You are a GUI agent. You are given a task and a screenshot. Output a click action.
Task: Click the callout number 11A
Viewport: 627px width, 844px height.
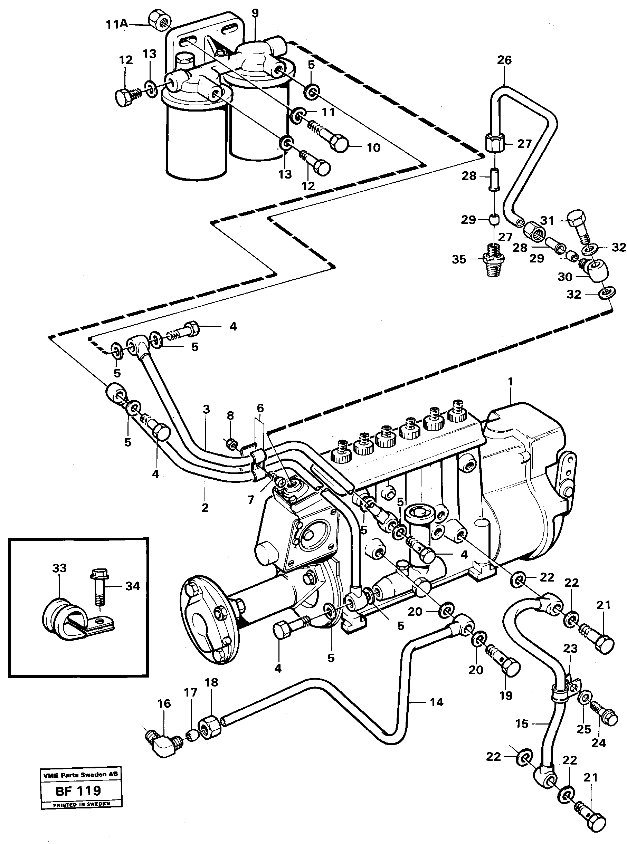pos(116,24)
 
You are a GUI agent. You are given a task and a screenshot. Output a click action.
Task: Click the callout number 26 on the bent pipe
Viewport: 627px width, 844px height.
pos(504,60)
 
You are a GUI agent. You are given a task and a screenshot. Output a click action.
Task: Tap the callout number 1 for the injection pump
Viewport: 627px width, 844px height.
pos(511,382)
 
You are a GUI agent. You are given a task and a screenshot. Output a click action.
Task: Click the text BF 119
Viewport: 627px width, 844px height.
pos(78,790)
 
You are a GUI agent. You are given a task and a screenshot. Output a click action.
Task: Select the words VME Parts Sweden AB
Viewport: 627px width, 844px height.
pos(80,775)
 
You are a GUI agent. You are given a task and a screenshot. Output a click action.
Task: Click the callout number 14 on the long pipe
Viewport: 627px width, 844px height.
pos(436,702)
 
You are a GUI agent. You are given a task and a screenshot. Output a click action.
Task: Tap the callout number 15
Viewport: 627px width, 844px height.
pos(522,724)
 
